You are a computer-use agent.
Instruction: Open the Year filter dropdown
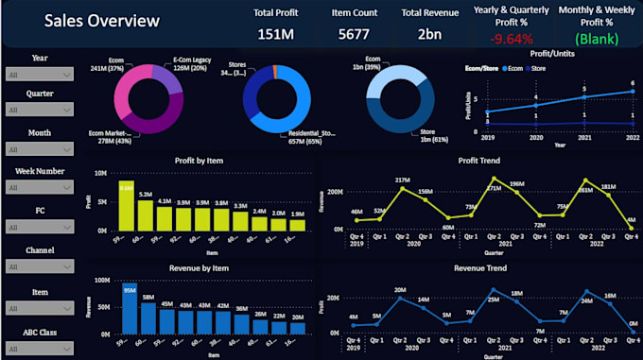[39, 74]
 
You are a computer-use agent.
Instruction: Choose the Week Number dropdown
[39, 189]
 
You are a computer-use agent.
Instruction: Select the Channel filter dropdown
[39, 266]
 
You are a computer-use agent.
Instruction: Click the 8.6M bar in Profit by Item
[126, 206]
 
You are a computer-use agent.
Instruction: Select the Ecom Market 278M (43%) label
[113, 138]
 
